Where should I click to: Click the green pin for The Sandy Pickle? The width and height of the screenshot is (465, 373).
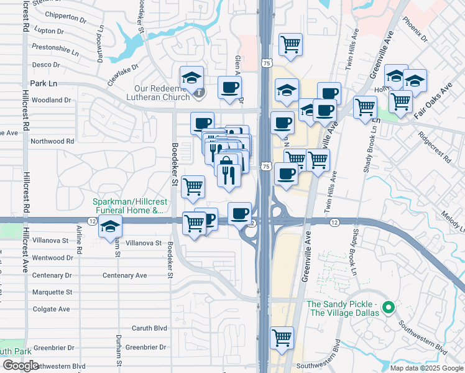pyautogui.click(x=389, y=307)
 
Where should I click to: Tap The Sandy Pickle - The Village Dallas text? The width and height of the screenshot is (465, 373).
pyautogui.click(x=343, y=308)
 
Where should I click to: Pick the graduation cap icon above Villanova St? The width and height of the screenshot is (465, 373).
pyautogui.click(x=110, y=227)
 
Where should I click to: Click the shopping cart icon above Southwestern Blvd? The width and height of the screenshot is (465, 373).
pyautogui.click(x=282, y=338)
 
